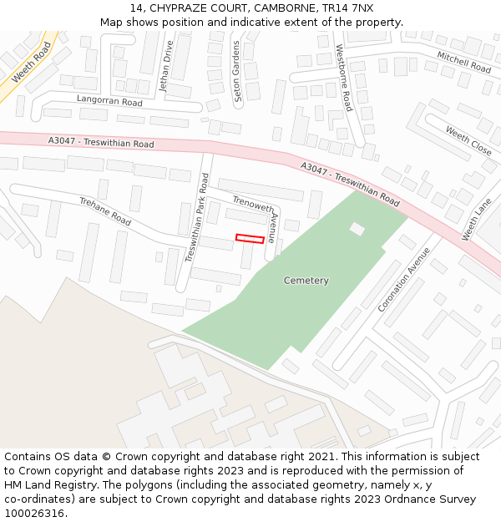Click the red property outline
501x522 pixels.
pyautogui.click(x=250, y=239)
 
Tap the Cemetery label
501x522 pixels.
pyautogui.click(x=306, y=281)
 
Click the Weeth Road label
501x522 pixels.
pyautogui.click(x=32, y=62)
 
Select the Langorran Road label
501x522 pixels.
pyautogui.click(x=109, y=101)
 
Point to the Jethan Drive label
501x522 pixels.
pyautogui.click(x=166, y=67)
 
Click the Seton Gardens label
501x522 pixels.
pyautogui.click(x=237, y=72)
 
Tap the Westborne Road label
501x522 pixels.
pyautogui.click(x=344, y=78)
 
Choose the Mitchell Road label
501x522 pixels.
pyautogui.click(x=464, y=61)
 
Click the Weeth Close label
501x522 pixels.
pyautogui.click(x=468, y=141)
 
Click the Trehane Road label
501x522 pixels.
pyautogui.click(x=105, y=211)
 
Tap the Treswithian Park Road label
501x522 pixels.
pyautogui.click(x=196, y=217)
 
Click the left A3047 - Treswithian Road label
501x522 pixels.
pyautogui.click(x=101, y=144)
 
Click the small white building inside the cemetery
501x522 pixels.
pyautogui.click(x=357, y=228)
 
